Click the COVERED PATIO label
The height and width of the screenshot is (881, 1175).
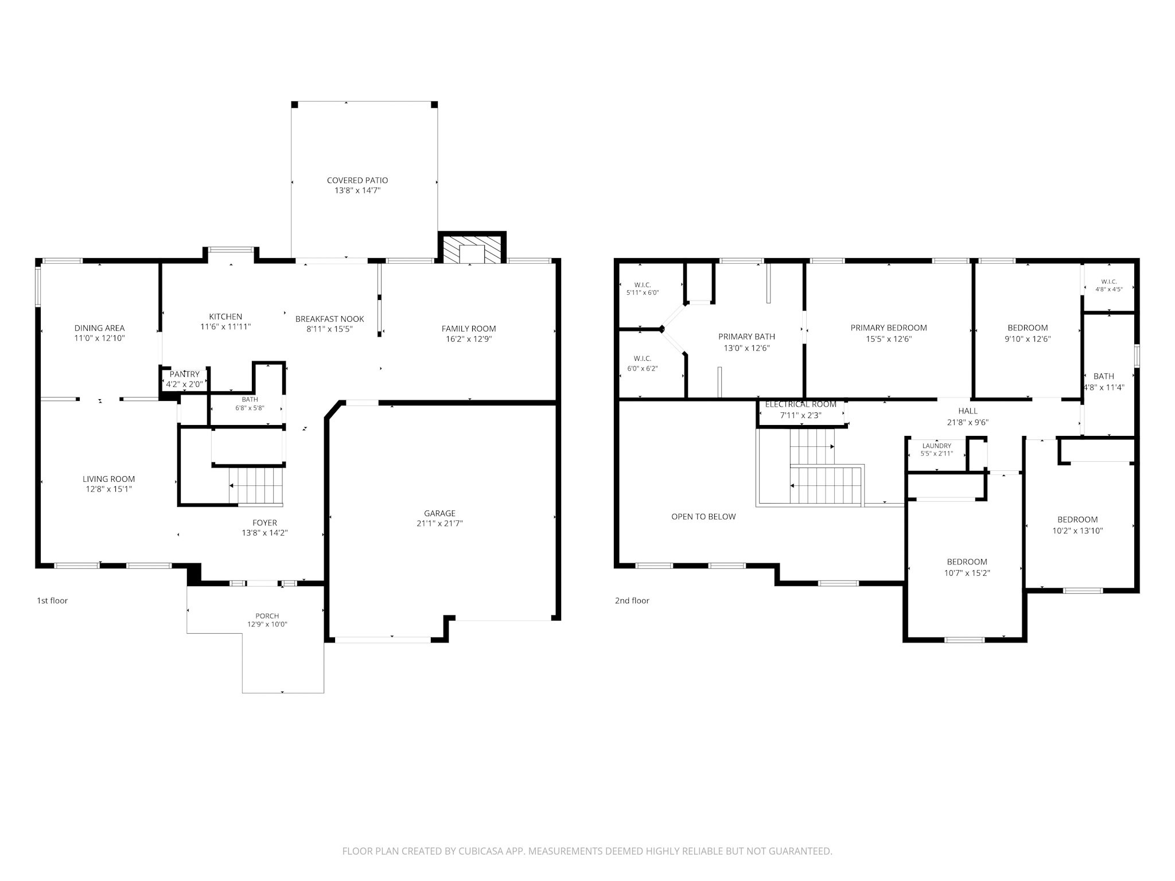(x=357, y=180)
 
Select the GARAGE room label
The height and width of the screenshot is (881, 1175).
(x=440, y=513)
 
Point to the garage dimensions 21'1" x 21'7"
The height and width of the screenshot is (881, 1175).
(x=440, y=524)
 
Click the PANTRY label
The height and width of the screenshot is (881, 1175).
(x=185, y=375)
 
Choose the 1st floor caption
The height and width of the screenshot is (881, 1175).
(x=52, y=601)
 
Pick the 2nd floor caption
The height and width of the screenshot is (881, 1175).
(x=632, y=601)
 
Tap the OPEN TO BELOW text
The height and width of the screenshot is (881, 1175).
(x=703, y=517)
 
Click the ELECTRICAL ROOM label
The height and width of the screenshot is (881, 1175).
(x=801, y=404)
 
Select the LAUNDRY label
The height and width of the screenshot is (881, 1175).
(x=937, y=446)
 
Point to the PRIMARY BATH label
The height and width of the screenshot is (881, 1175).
(x=746, y=337)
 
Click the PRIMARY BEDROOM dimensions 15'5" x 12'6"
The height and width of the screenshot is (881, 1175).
(x=889, y=339)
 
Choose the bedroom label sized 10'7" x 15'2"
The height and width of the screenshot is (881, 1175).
(x=967, y=562)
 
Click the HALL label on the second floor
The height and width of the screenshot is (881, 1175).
(x=968, y=411)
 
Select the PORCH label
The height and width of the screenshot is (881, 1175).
(x=267, y=616)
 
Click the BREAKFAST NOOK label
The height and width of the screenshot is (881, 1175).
(x=330, y=319)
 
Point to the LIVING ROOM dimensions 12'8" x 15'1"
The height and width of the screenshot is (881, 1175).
(x=109, y=489)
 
